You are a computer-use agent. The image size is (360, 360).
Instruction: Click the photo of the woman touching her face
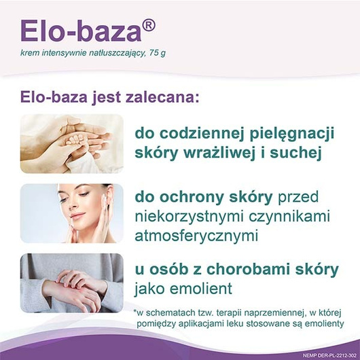click(x=71, y=213)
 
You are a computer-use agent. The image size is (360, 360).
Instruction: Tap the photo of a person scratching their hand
click(x=71, y=283)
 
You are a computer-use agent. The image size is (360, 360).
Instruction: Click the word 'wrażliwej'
click(x=232, y=152)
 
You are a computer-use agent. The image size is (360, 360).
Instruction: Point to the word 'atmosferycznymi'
click(x=197, y=236)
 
